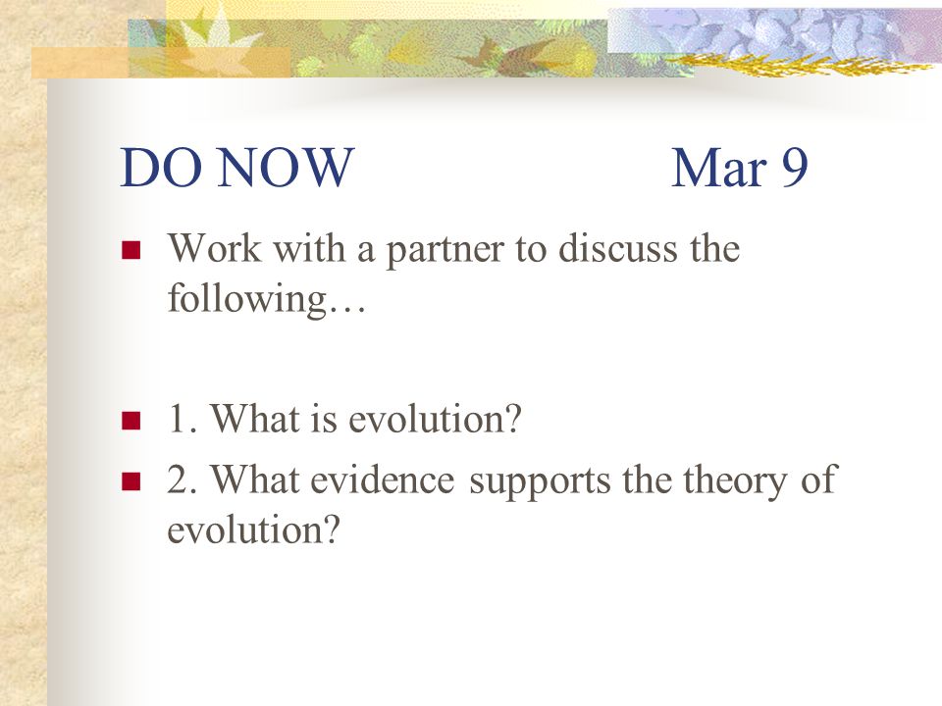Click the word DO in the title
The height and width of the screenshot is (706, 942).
tap(161, 167)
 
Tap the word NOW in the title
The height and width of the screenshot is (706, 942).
tap(286, 167)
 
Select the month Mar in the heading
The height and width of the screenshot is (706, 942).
tap(718, 167)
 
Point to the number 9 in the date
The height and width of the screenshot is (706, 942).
tap(794, 168)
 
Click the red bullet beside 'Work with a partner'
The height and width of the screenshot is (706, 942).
tap(131, 249)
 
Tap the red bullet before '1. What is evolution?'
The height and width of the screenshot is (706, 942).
tap(131, 421)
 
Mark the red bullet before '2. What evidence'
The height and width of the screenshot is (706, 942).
tap(131, 481)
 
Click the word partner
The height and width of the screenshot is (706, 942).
tap(445, 250)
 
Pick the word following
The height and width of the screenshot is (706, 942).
tap(246, 298)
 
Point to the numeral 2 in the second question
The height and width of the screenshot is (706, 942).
tap(178, 479)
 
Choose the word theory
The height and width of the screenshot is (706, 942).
tap(734, 481)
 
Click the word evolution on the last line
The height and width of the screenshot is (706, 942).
tap(245, 529)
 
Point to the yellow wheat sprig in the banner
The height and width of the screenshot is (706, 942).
tap(799, 64)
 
